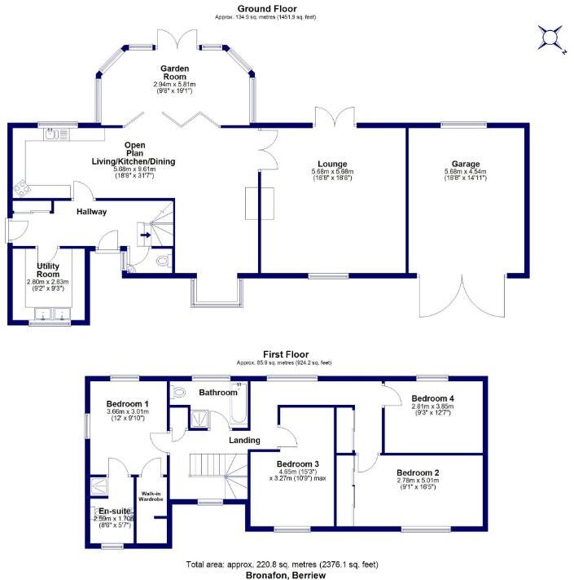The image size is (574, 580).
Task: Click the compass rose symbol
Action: click(551, 37)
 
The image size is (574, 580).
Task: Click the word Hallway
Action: click(92, 212)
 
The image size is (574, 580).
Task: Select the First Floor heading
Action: click(283, 354)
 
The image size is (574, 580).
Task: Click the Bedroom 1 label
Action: click(127, 404)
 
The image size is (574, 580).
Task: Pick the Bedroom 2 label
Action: click(419, 472)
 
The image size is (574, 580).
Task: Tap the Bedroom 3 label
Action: click(299, 464)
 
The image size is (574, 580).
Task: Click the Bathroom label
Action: click(217, 393)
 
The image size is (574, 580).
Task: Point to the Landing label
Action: click(244, 441)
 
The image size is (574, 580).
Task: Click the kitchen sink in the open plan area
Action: click(53, 135)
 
